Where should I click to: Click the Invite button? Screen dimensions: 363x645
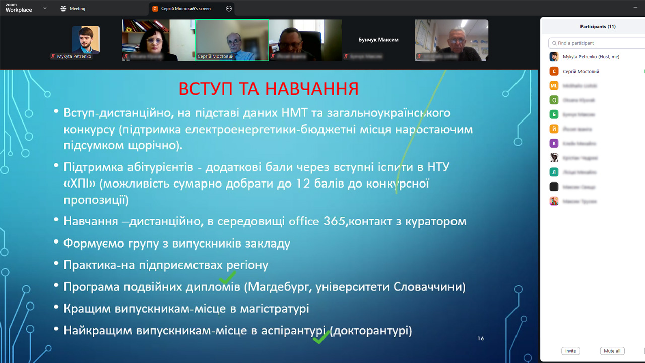(x=570, y=351)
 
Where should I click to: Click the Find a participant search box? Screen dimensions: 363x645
(x=597, y=43)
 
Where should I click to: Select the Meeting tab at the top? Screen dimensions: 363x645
(x=73, y=9)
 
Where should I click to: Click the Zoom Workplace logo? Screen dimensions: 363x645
(x=19, y=8)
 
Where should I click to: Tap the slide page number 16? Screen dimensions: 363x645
(x=480, y=339)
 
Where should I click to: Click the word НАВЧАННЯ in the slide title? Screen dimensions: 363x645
(x=312, y=89)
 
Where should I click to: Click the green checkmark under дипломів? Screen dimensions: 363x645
(x=227, y=277)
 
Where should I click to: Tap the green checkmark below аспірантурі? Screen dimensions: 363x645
(x=321, y=337)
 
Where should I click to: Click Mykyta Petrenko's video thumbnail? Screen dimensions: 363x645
(x=86, y=40)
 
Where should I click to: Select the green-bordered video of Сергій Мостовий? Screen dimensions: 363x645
(x=232, y=40)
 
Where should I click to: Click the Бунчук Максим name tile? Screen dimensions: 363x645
(x=378, y=40)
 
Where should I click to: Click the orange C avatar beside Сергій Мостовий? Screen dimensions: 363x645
(x=554, y=72)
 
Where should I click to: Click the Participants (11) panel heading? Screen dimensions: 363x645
(x=598, y=27)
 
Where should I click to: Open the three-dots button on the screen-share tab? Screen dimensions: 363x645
(x=229, y=9)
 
